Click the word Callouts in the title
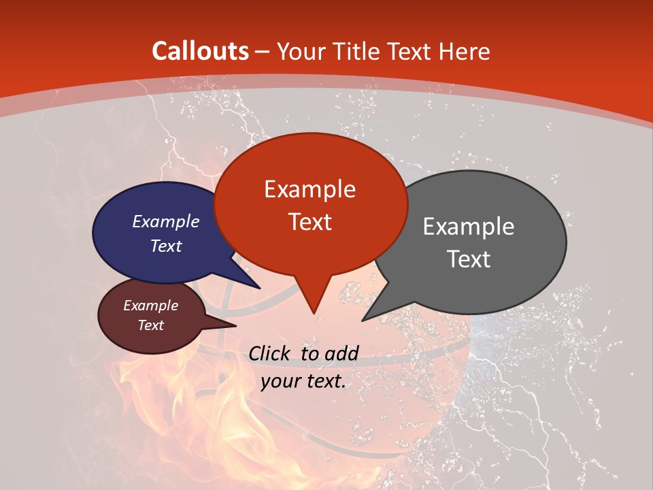pyautogui.click(x=201, y=51)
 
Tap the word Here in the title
pyautogui.click(x=463, y=52)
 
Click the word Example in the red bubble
pyautogui.click(x=310, y=189)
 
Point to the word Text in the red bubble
pyautogui.click(x=310, y=222)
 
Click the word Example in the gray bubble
pyautogui.click(x=469, y=227)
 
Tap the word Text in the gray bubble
pyautogui.click(x=469, y=259)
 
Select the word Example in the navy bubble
pyautogui.click(x=166, y=221)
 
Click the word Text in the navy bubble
pyautogui.click(x=166, y=246)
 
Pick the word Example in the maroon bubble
pyautogui.click(x=151, y=306)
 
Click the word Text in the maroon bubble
pyautogui.click(x=151, y=325)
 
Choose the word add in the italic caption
pyautogui.click(x=341, y=353)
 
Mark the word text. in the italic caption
pyautogui.click(x=324, y=381)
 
